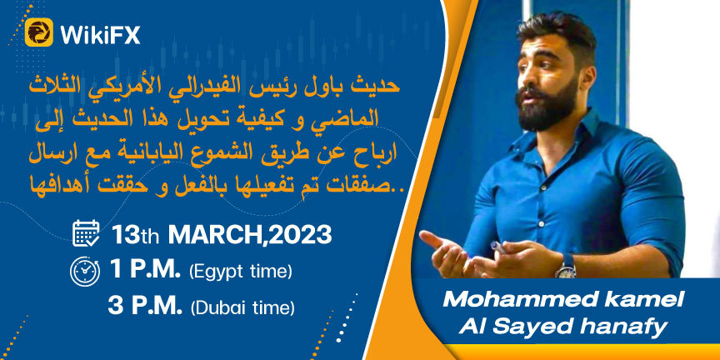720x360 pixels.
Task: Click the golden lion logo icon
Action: (38, 32)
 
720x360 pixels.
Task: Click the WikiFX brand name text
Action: (100, 33)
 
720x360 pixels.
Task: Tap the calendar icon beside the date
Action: (86, 233)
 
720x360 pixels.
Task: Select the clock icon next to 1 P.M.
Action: (85, 272)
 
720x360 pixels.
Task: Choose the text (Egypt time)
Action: (240, 272)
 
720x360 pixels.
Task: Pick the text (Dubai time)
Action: (242, 307)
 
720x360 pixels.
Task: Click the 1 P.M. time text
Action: (145, 271)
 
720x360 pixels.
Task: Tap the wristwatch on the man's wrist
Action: (567, 267)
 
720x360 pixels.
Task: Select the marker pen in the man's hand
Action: (498, 248)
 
